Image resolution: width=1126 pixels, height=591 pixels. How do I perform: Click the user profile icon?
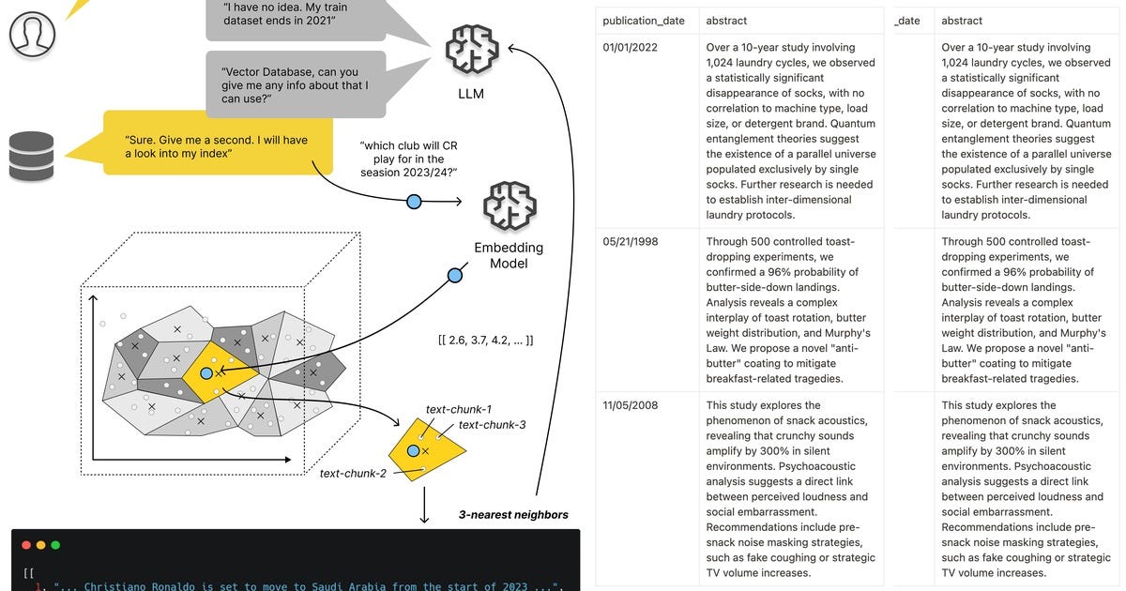(32, 33)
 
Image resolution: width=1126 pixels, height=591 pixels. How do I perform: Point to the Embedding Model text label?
(509, 255)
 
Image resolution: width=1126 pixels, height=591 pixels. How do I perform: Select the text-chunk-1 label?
(459, 410)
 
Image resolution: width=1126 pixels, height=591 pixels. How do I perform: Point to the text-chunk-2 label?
(353, 474)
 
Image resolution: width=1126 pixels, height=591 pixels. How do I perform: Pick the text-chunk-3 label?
(492, 425)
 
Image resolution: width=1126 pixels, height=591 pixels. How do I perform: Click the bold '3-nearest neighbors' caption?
(512, 515)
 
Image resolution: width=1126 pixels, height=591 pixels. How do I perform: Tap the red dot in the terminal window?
(25, 544)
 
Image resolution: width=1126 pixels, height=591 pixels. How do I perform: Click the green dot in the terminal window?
(55, 544)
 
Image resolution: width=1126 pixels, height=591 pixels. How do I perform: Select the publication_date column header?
(644, 21)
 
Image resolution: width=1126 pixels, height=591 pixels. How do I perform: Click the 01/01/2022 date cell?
(631, 47)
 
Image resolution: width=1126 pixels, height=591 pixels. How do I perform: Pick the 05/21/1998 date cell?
(631, 241)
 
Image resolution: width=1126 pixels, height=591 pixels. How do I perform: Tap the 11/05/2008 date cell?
(631, 405)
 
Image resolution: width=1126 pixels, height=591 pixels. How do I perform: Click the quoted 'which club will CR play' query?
(408, 159)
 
